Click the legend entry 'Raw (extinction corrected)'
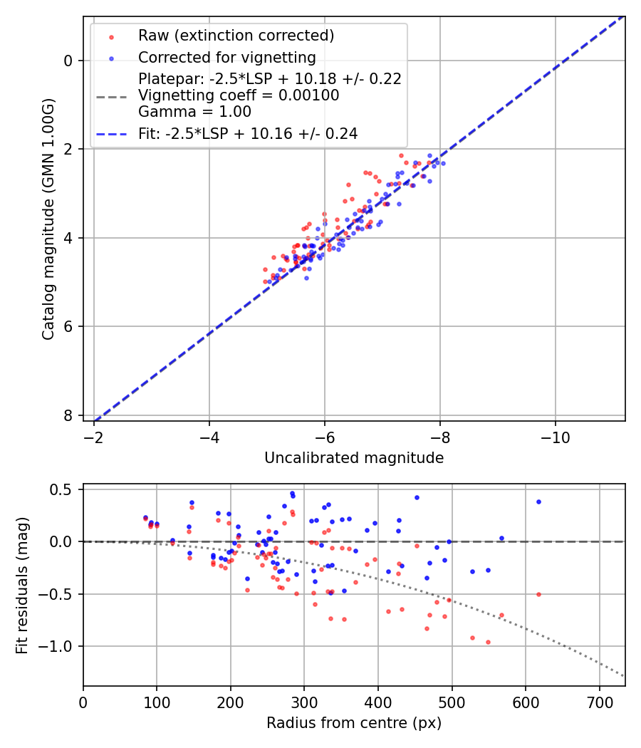[x=236, y=36]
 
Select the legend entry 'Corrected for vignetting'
[x=226, y=57]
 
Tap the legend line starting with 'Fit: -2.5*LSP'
[x=247, y=133]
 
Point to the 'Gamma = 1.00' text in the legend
[x=194, y=112]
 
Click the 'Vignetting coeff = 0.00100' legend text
[x=239, y=95]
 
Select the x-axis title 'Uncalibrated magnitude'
[x=354, y=458]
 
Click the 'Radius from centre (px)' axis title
[x=354, y=723]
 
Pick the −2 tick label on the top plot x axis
[x=94, y=437]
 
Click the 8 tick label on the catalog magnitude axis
[x=68, y=415]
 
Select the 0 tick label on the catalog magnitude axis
[x=68, y=61]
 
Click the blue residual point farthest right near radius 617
[x=538, y=502]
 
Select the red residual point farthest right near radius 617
[x=538, y=594]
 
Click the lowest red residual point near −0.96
[x=488, y=642]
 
